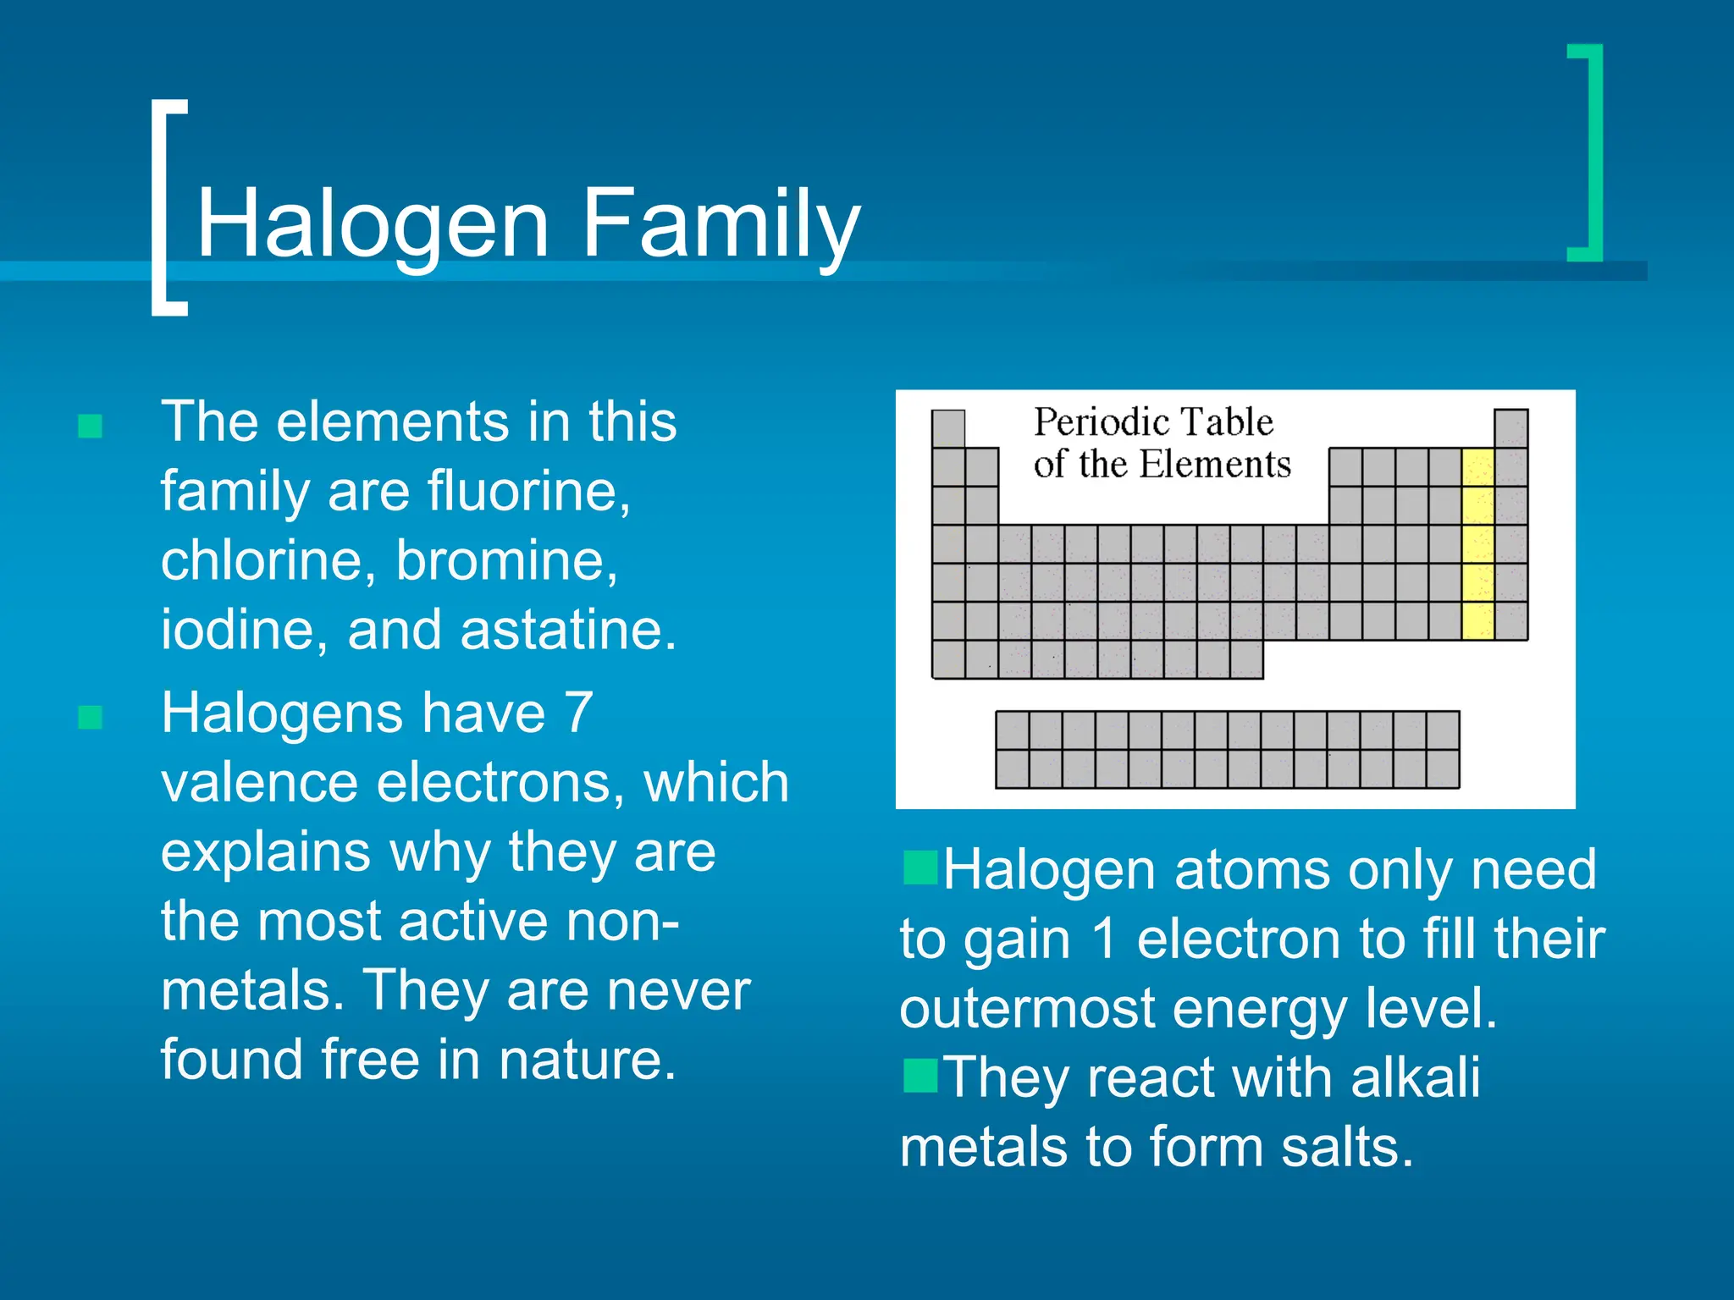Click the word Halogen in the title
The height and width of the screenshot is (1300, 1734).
[373, 225]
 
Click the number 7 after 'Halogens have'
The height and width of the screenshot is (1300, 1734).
[578, 713]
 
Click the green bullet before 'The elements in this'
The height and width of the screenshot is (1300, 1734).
[91, 426]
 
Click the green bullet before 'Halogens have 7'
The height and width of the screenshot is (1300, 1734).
[91, 718]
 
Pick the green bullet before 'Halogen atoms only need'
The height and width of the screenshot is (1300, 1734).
[919, 868]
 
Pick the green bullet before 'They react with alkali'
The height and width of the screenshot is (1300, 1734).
[919, 1076]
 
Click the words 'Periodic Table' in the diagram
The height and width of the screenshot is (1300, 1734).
[1153, 422]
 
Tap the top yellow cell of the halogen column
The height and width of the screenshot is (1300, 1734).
[1477, 467]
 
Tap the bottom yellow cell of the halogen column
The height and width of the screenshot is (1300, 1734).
[1477, 621]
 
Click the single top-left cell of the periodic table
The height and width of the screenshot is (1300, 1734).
[948, 428]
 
